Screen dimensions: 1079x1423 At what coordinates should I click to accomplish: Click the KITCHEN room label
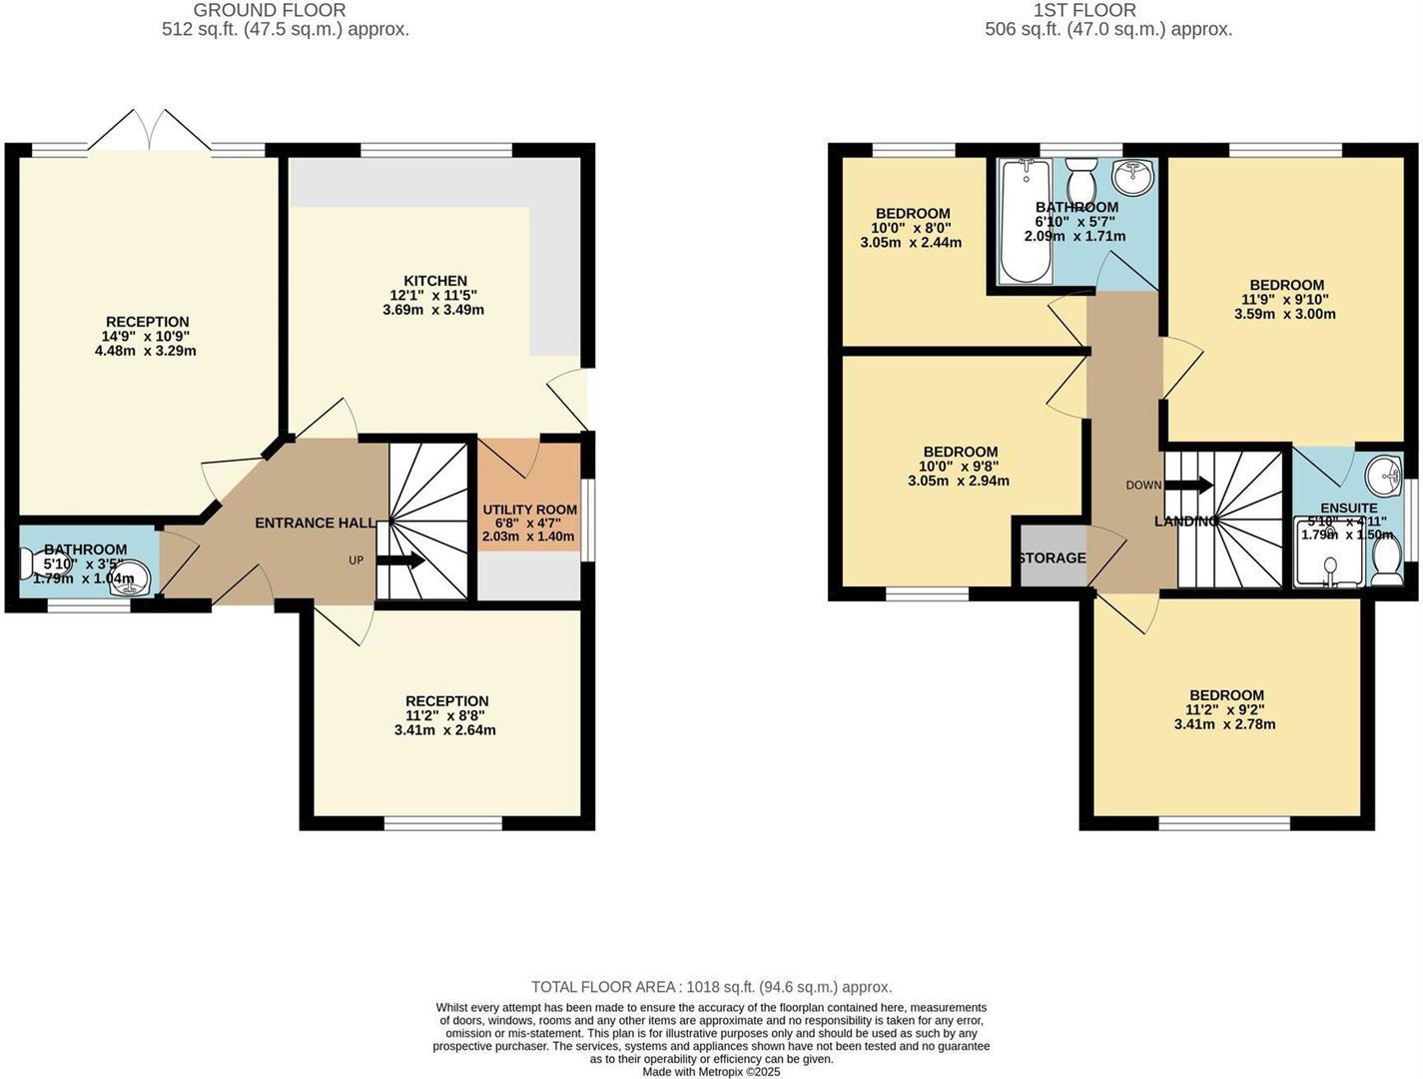434,281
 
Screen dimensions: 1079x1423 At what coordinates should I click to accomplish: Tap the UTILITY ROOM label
529,510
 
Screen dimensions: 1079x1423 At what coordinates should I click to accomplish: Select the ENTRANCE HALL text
316,523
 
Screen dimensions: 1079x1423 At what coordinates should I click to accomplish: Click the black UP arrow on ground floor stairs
400,560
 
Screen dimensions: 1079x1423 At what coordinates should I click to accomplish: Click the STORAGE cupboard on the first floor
1051,557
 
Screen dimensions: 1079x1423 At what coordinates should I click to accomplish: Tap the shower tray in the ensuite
1327,559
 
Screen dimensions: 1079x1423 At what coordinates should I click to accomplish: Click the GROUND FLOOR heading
270,10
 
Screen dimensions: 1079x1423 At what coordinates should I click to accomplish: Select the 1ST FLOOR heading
1084,10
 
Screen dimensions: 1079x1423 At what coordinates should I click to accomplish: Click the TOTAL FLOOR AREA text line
711,987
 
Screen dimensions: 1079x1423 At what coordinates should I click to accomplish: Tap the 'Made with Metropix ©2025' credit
711,1071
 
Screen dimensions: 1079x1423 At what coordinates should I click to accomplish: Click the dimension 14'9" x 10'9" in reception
148,337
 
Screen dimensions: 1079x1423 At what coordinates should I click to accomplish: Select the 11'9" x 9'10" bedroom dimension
1284,299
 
